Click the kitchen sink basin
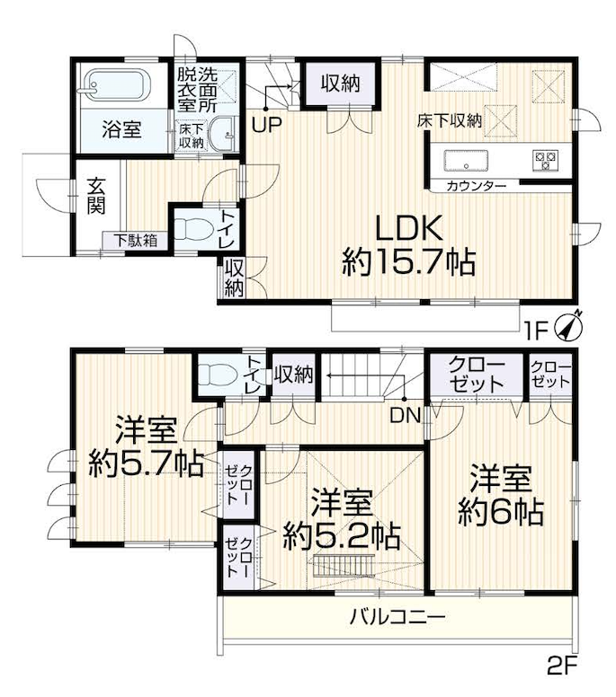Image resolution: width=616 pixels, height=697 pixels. (x=466, y=161)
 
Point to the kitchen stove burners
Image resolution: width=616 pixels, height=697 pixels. (x=545, y=161)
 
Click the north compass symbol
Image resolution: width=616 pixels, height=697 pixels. (x=568, y=327)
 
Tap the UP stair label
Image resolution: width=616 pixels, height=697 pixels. (x=266, y=125)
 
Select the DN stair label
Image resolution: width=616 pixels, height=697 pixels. (x=405, y=415)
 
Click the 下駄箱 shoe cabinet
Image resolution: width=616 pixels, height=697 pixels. (x=135, y=241)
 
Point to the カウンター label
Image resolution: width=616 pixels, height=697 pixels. (x=476, y=186)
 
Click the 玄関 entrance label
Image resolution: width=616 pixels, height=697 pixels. (x=95, y=195)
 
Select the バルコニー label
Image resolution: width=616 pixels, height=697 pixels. (x=397, y=617)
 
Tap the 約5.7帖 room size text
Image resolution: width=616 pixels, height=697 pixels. (x=147, y=463)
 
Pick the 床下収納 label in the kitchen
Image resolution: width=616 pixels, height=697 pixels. (x=450, y=120)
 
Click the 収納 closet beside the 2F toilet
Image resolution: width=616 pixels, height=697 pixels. (x=293, y=375)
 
